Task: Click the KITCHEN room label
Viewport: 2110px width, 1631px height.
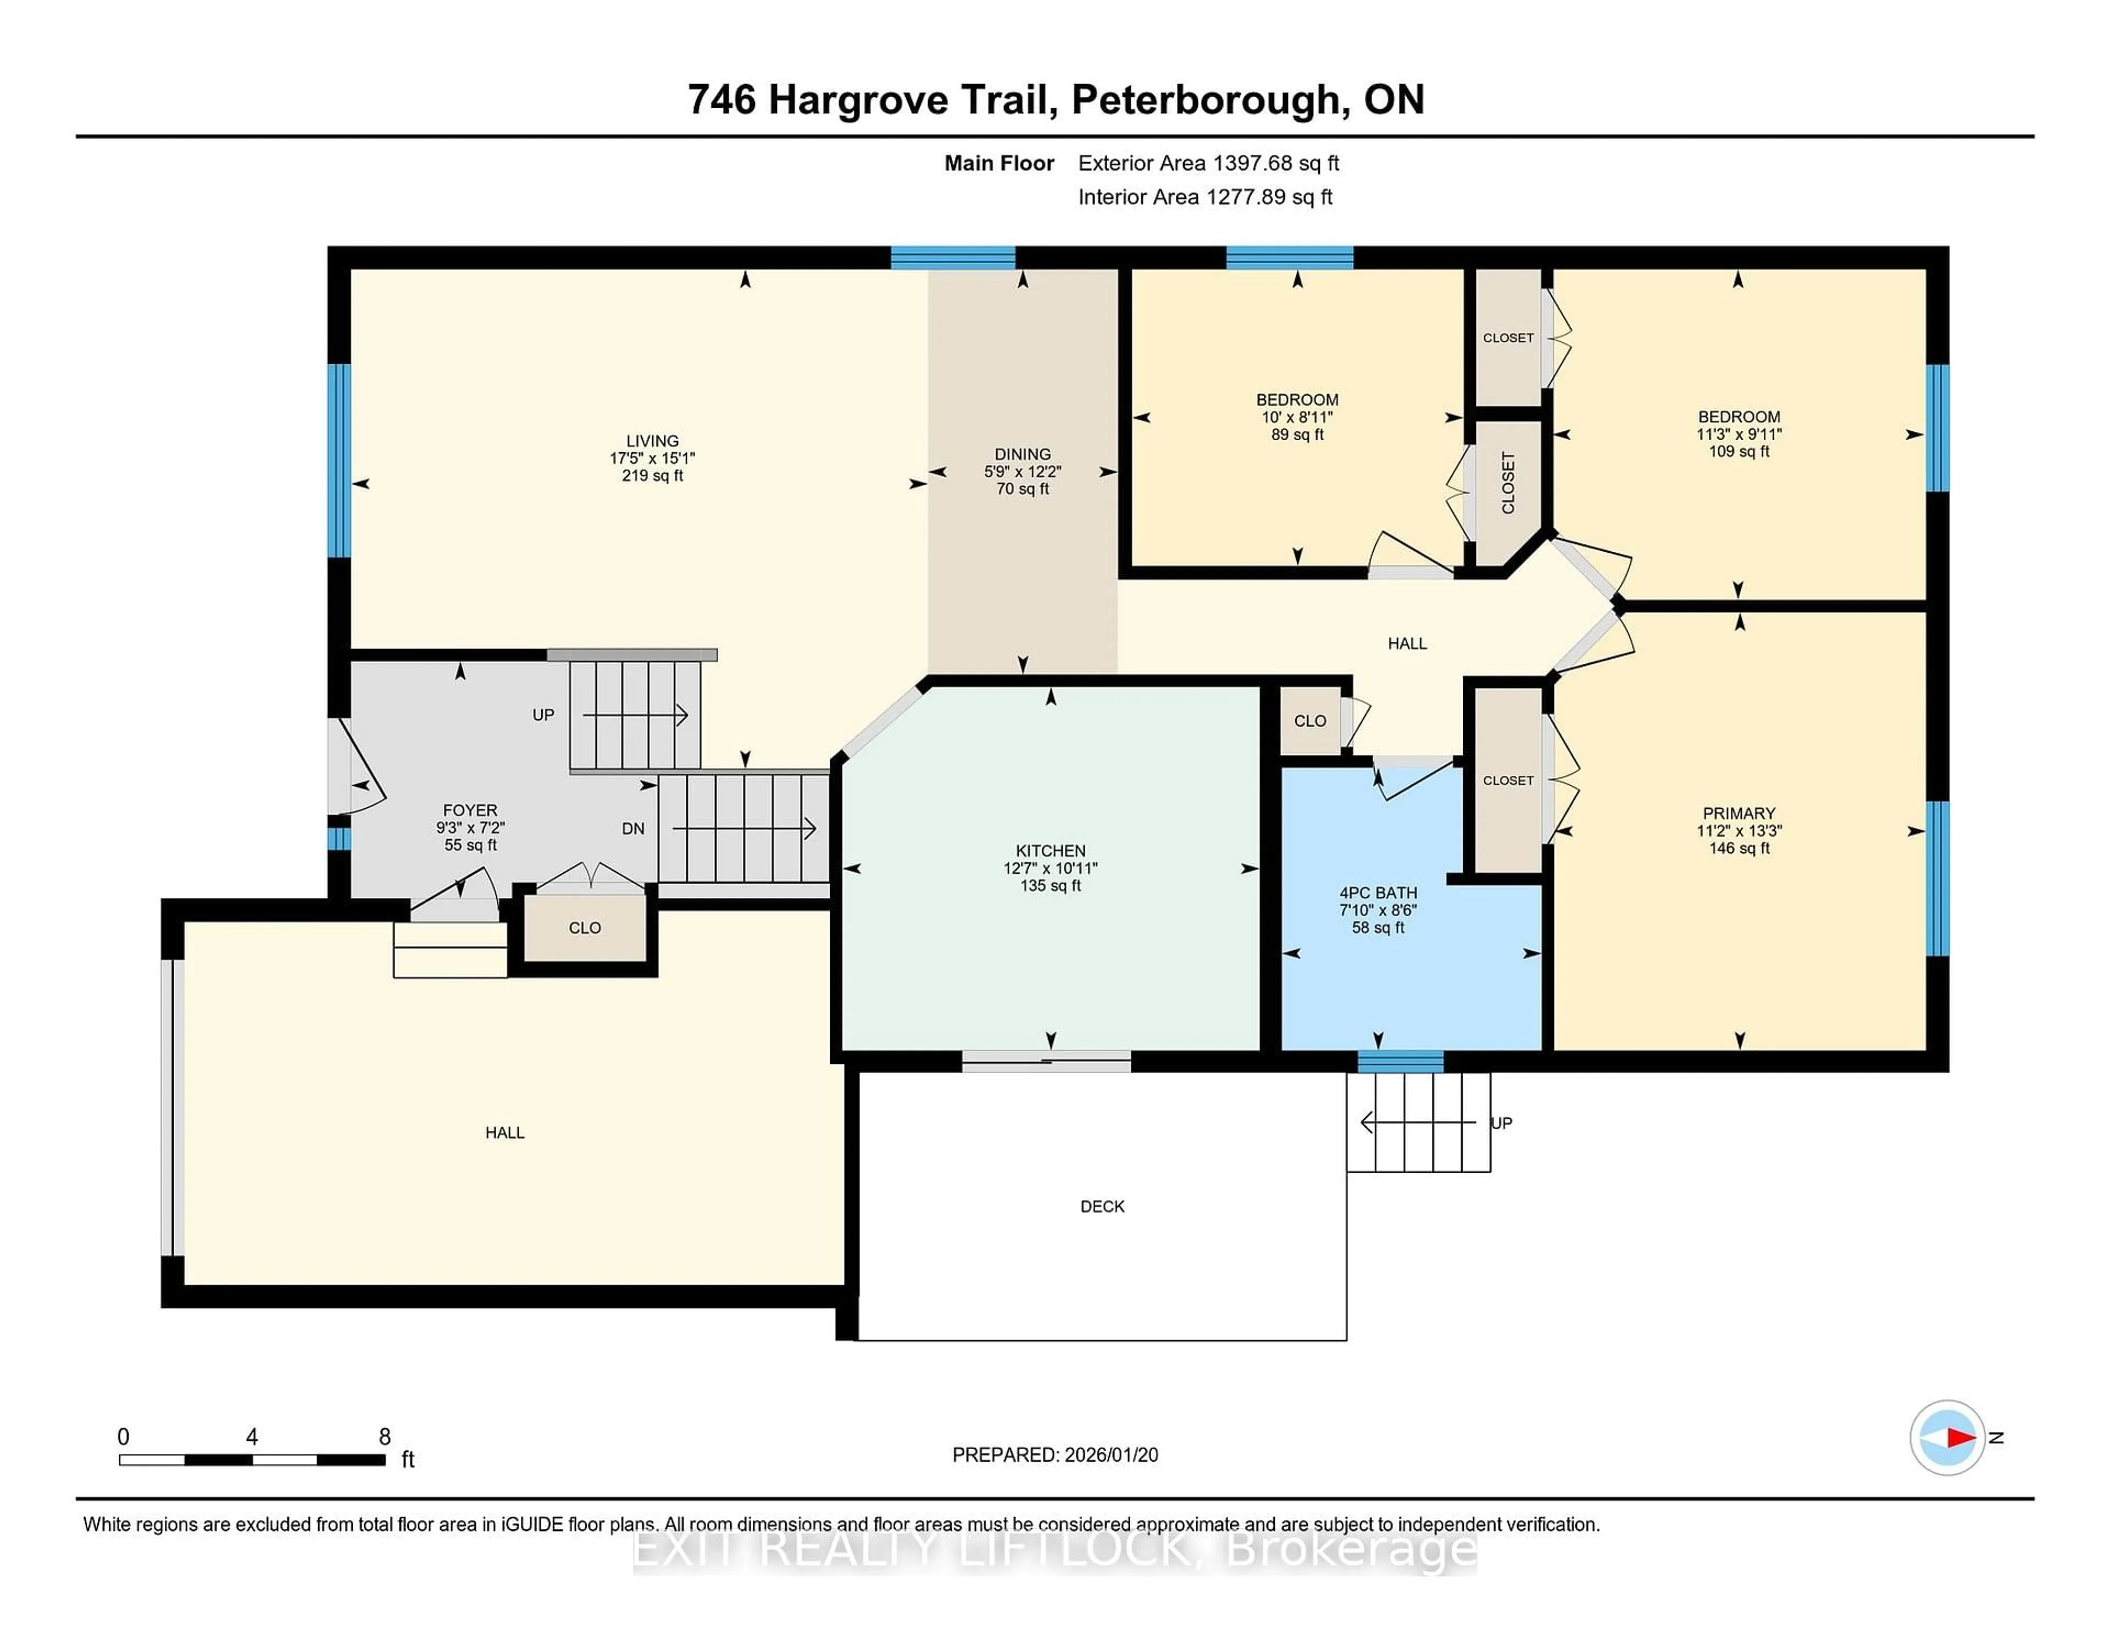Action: [1050, 850]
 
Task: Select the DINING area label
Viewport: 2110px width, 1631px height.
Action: [1022, 454]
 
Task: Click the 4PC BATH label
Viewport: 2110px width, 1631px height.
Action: [1378, 893]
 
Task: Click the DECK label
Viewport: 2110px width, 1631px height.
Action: [1102, 1206]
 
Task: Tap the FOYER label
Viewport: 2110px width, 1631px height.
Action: [470, 809]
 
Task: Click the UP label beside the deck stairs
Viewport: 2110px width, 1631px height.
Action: [1501, 1123]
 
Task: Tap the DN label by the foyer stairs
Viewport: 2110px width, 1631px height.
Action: [633, 828]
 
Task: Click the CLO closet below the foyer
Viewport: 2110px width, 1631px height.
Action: [585, 928]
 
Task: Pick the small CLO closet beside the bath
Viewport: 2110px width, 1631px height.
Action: [1310, 721]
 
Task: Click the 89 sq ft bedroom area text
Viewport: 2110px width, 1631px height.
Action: [1297, 435]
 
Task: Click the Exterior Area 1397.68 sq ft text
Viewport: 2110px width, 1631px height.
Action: [1208, 163]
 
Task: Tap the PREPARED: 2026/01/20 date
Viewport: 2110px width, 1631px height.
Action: [1055, 1454]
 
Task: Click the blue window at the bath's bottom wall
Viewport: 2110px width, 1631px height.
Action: [1400, 1062]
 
